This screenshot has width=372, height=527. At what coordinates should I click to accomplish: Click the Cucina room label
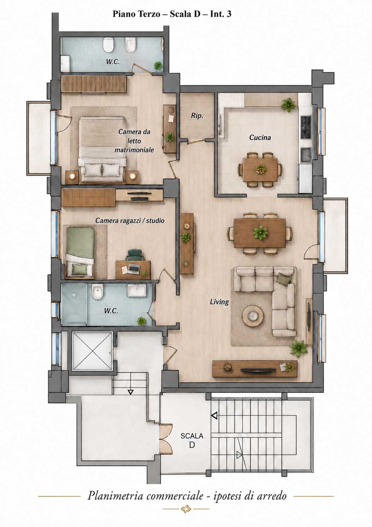pos(260,137)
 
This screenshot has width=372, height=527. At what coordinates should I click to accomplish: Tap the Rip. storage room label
pos(197,116)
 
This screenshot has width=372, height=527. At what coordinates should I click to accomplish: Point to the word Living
pos(219,301)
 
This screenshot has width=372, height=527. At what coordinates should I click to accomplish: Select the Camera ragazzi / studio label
pos(130,221)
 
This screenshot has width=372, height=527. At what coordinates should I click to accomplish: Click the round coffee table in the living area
pos(253,316)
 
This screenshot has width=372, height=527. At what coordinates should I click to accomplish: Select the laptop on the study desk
pos(134,268)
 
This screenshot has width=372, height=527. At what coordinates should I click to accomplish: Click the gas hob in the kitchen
pos(306,127)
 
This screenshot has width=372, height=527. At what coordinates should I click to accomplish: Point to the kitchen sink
pos(306,155)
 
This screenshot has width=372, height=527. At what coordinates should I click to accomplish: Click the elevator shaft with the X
pos(92,351)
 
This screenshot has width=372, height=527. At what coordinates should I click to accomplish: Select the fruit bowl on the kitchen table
pos(260,168)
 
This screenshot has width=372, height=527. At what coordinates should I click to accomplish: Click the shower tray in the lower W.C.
pos(74,303)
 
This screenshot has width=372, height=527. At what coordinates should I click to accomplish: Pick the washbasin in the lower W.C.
pos(137,290)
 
